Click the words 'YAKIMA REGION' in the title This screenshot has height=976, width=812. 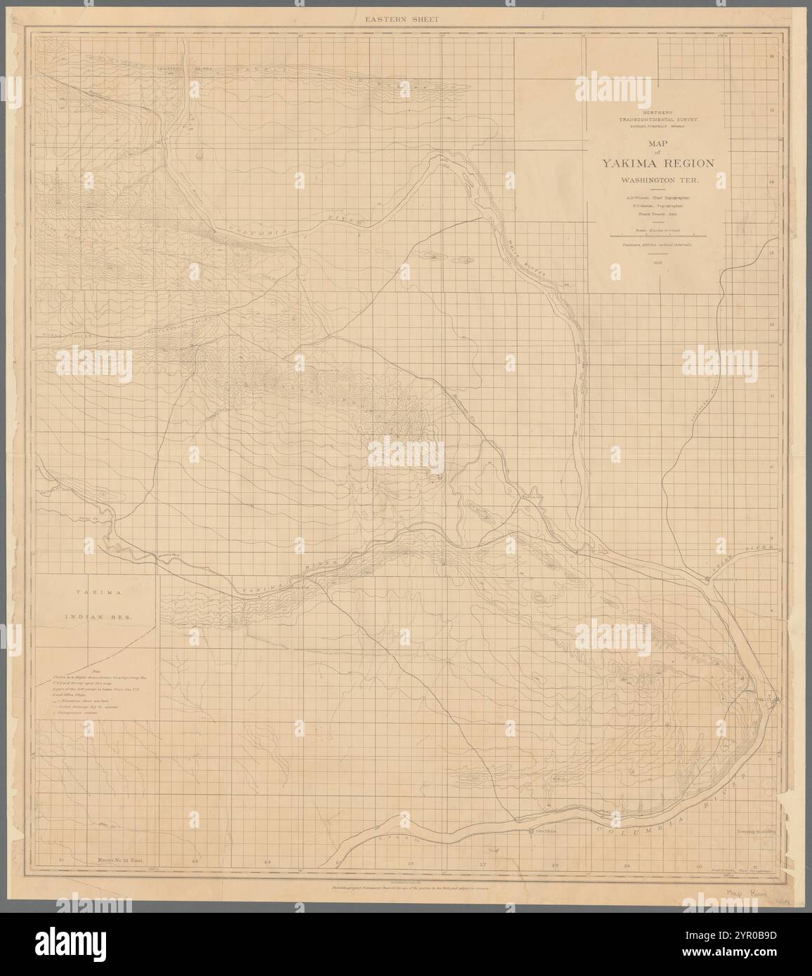pyautogui.click(x=657, y=163)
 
